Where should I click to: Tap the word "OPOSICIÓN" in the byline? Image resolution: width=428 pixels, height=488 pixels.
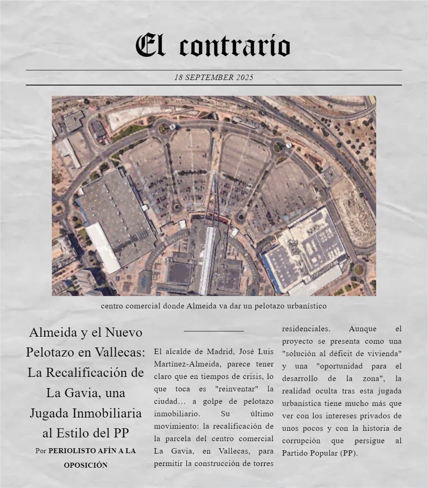85,465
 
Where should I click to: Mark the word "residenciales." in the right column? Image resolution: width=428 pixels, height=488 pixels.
306,329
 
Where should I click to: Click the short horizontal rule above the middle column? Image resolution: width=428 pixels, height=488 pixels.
214,331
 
